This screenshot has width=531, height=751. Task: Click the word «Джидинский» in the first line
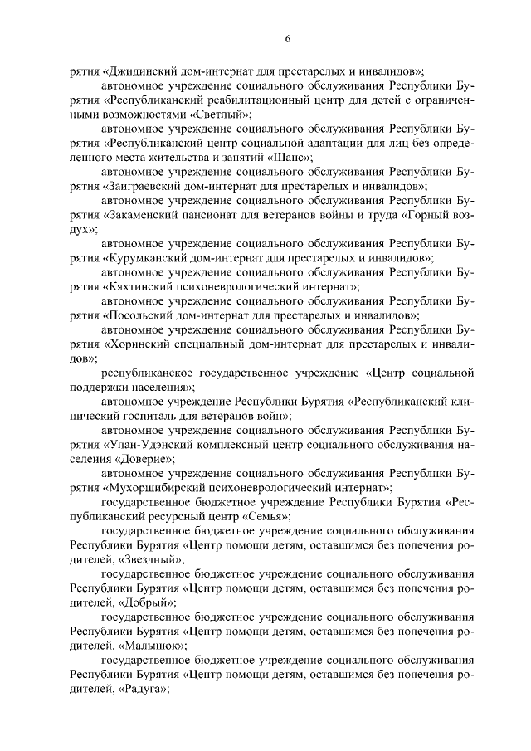pyautogui.click(x=139, y=72)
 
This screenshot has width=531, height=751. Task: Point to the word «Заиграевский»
pyautogui.click(x=143, y=187)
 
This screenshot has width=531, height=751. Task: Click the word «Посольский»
pyautogui.click(x=137, y=316)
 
